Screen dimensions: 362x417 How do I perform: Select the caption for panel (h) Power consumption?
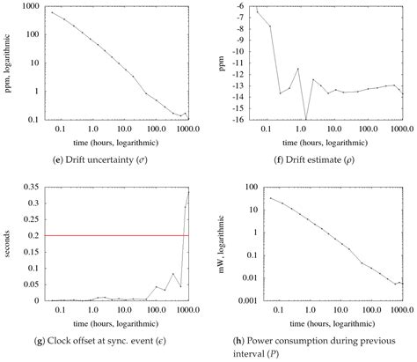point(312,342)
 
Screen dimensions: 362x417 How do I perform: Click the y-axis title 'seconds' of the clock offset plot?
point(8,243)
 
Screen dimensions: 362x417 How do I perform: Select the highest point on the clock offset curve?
point(188,191)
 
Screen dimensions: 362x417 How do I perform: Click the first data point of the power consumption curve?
point(270,198)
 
